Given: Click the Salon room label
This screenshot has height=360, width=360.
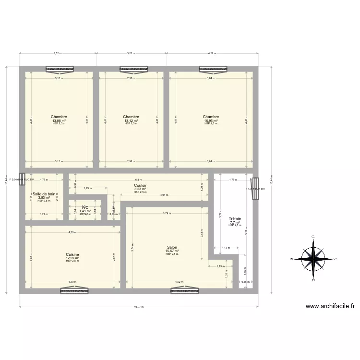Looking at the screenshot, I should [x=172, y=248].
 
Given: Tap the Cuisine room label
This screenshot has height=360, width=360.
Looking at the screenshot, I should [x=72, y=254].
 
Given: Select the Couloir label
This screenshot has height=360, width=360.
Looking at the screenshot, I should [x=140, y=185].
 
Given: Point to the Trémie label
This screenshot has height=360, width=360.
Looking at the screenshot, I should [x=235, y=218].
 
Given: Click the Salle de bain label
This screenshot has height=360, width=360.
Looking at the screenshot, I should [x=44, y=194].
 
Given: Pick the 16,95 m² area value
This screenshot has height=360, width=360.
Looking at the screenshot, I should [x=211, y=120].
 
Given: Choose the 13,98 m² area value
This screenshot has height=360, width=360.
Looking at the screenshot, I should [x=59, y=120].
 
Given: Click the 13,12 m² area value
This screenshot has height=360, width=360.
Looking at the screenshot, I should [x=131, y=120].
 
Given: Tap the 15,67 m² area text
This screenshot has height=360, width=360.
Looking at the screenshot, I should [x=172, y=251].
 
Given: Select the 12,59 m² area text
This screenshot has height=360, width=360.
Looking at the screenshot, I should [x=72, y=258].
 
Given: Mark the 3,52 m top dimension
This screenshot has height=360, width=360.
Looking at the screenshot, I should [x=57, y=54].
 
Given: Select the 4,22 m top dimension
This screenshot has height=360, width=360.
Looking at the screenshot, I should [x=212, y=54].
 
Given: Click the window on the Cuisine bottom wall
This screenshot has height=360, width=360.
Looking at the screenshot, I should [x=75, y=290].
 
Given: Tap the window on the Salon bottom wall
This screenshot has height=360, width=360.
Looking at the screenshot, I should [x=185, y=290].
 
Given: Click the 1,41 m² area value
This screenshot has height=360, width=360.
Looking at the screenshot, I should [x=85, y=211].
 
